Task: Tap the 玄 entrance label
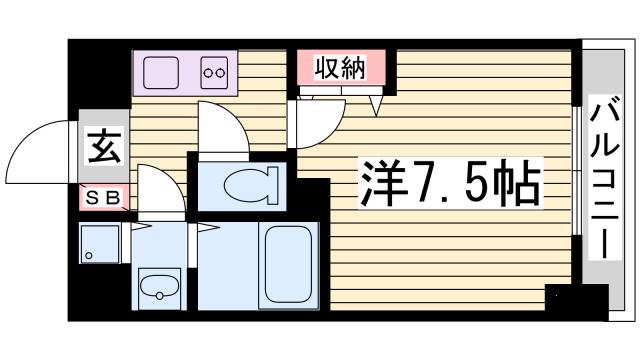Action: coord(102,148)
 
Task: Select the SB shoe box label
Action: coord(104,198)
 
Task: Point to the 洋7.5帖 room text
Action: coord(450,183)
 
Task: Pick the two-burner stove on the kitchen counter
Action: coord(214,72)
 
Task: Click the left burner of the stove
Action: coord(208,72)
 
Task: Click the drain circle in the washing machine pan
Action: coord(88,257)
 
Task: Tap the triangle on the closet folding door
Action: coord(378,102)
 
